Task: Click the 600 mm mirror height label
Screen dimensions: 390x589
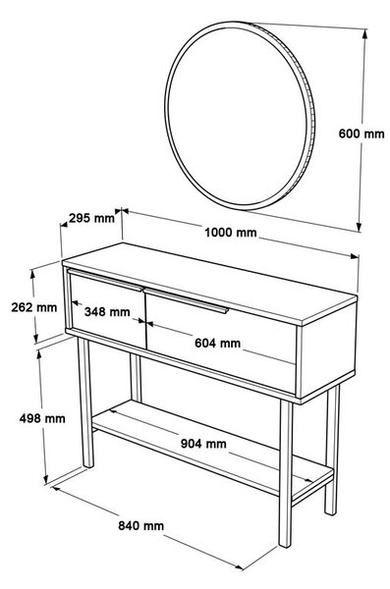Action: [362, 134]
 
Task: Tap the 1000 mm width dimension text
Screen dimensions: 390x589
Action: [231, 233]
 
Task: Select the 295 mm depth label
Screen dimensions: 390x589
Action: [91, 218]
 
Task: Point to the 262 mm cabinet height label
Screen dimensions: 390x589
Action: [33, 307]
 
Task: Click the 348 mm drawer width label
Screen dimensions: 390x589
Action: [107, 311]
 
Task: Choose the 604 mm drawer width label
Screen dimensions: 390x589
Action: [217, 343]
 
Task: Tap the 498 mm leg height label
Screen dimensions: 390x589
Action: [42, 418]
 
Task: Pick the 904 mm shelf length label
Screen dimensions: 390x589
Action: [203, 444]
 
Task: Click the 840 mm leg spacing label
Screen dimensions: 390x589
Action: [141, 525]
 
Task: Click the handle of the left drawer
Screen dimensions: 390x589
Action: [105, 280]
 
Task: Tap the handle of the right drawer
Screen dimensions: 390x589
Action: [187, 300]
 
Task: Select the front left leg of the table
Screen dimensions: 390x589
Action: [85, 402]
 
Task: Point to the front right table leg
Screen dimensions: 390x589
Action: [286, 474]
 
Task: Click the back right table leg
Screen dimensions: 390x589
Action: [332, 450]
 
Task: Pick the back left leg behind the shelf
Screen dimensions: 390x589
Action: [136, 378]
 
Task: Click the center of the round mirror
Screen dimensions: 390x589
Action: [240, 115]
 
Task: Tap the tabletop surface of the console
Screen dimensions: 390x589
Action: [209, 284]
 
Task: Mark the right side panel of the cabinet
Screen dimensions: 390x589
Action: [327, 348]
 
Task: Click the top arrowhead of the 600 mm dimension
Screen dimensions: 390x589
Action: [364, 34]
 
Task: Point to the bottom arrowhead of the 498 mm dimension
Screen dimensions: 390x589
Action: [46, 479]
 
